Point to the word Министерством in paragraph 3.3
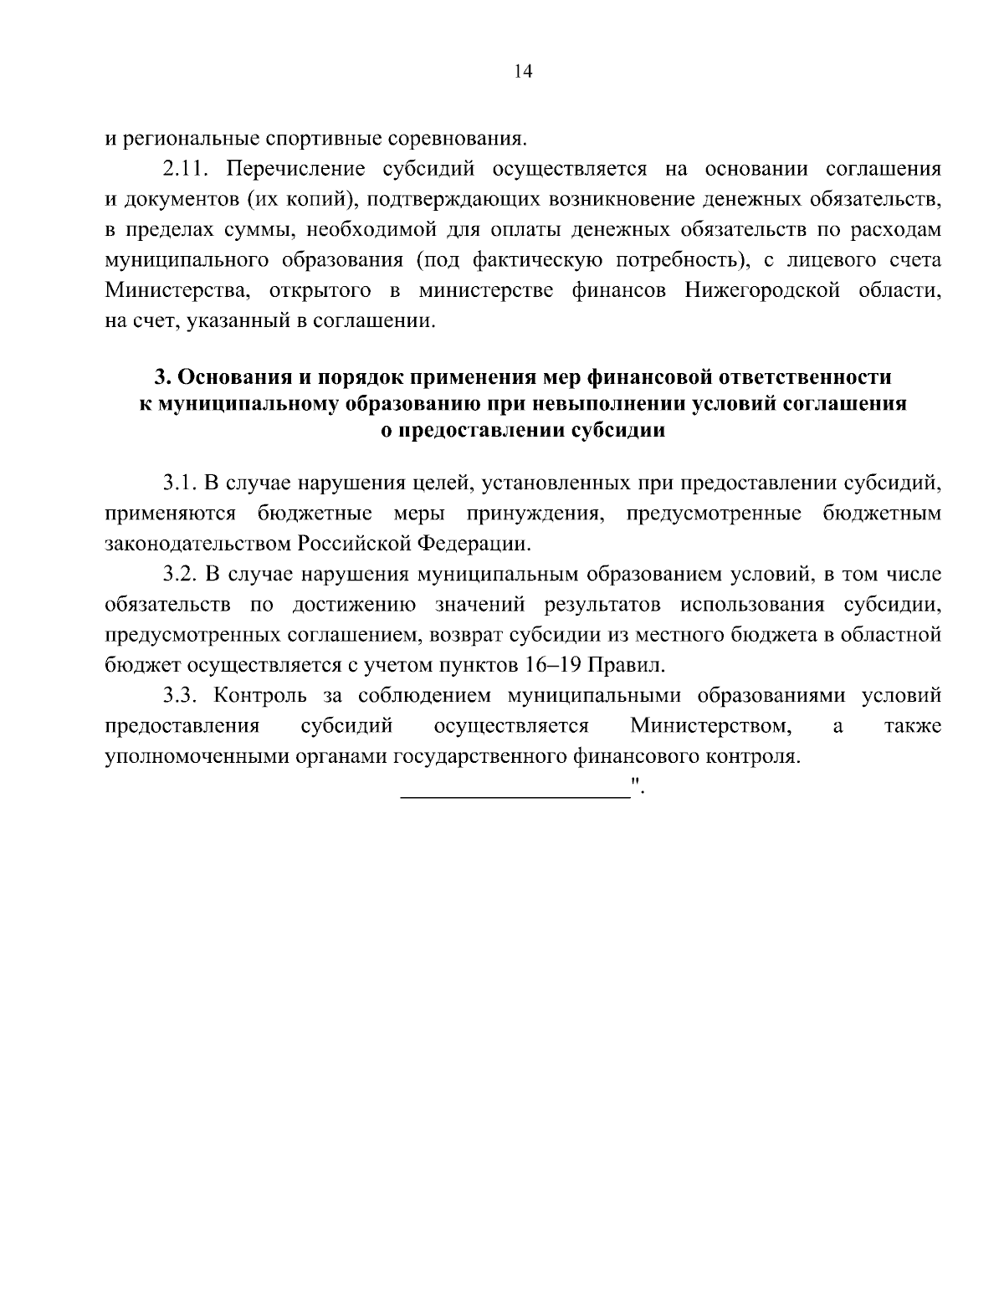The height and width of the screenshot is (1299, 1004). click(711, 726)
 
